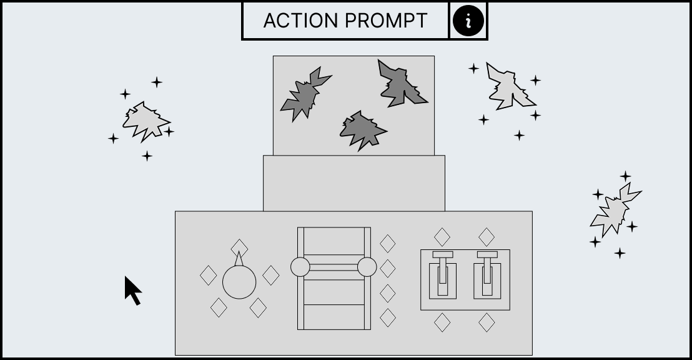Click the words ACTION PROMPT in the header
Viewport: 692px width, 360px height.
click(x=345, y=21)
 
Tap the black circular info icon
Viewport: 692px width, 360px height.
click(x=468, y=21)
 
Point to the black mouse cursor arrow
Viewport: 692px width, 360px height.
click(x=132, y=291)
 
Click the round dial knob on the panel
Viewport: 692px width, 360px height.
click(x=239, y=282)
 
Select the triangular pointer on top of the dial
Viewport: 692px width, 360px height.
click(x=239, y=259)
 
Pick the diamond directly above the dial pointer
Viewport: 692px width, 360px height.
click(x=239, y=248)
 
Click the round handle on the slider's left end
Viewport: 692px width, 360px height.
click(x=300, y=267)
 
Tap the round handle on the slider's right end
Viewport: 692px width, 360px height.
click(x=367, y=267)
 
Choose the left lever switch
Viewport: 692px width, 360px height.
click(x=443, y=275)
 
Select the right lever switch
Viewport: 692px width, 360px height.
click(x=487, y=275)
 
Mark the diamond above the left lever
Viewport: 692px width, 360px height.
click(x=442, y=237)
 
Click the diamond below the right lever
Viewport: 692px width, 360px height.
click(x=487, y=322)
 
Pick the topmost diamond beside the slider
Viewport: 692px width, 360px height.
click(x=387, y=243)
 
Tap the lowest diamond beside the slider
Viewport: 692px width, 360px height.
click(x=387, y=317)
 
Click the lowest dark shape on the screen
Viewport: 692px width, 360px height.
click(x=363, y=131)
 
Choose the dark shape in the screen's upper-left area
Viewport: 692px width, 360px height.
click(x=305, y=94)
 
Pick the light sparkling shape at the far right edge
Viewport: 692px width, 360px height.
click(x=615, y=209)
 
